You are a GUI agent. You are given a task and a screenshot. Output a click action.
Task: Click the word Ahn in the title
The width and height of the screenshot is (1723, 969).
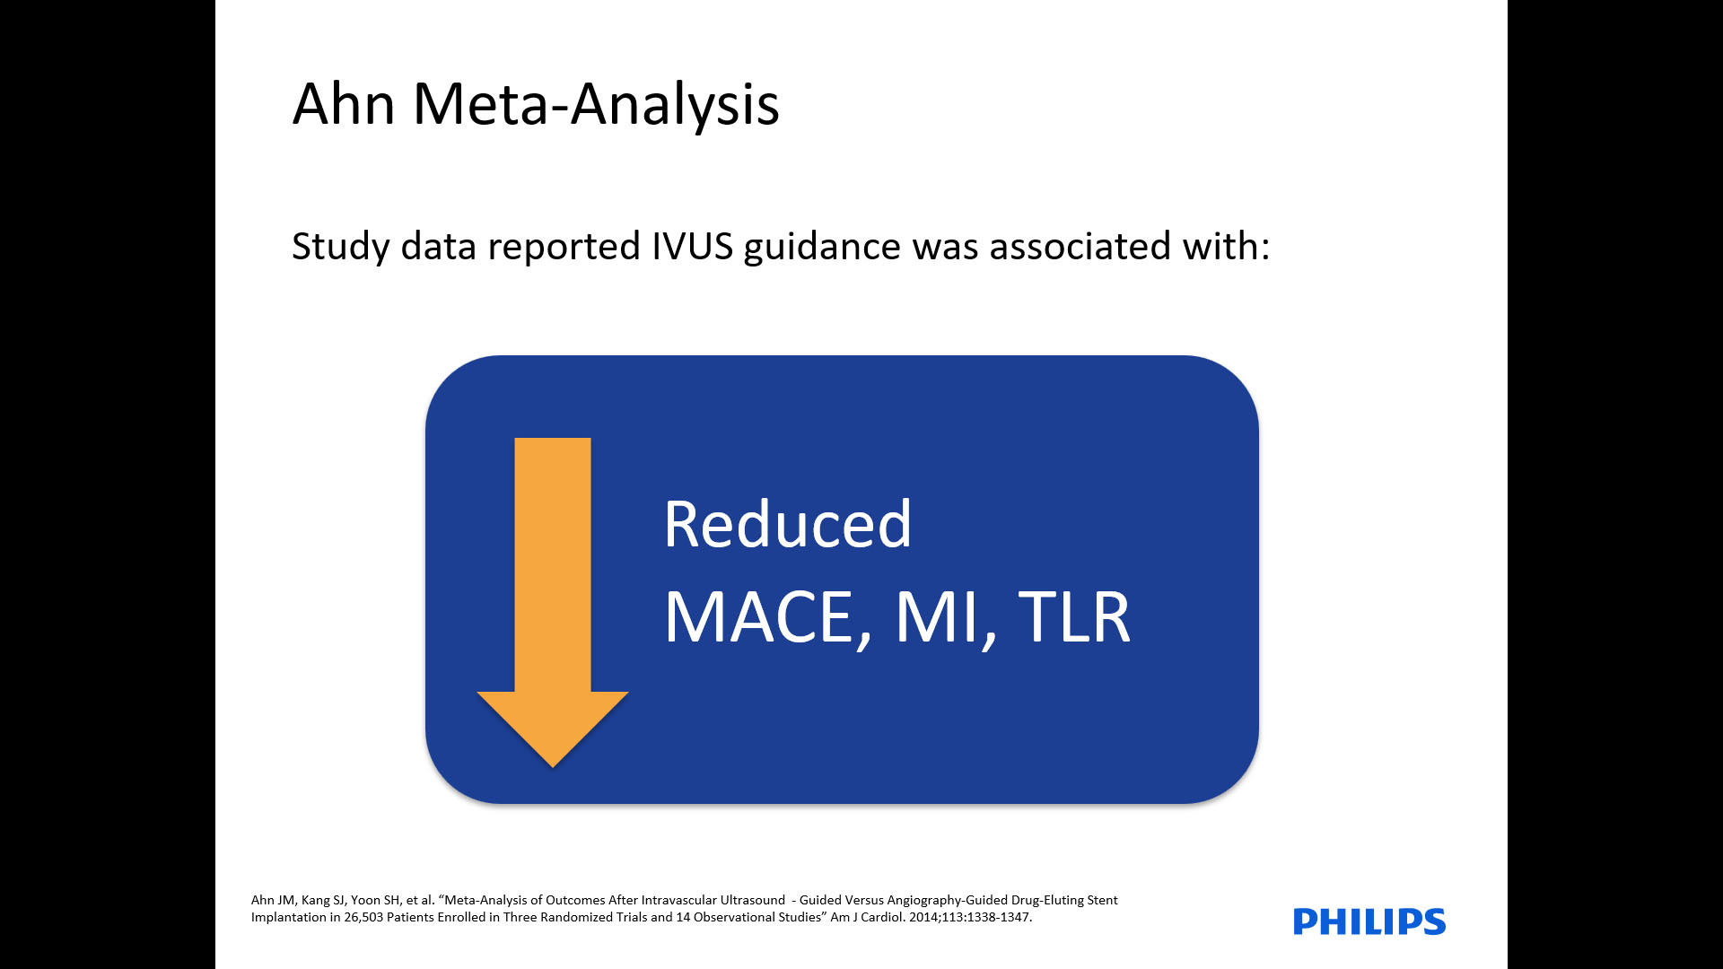pos(344,103)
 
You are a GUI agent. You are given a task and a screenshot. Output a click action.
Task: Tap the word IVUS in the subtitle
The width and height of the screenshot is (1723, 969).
pos(693,246)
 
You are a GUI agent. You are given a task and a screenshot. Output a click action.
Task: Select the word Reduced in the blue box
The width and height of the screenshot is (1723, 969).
pos(788,524)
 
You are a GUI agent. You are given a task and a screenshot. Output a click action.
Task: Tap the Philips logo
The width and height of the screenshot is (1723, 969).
pos(1369,921)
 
